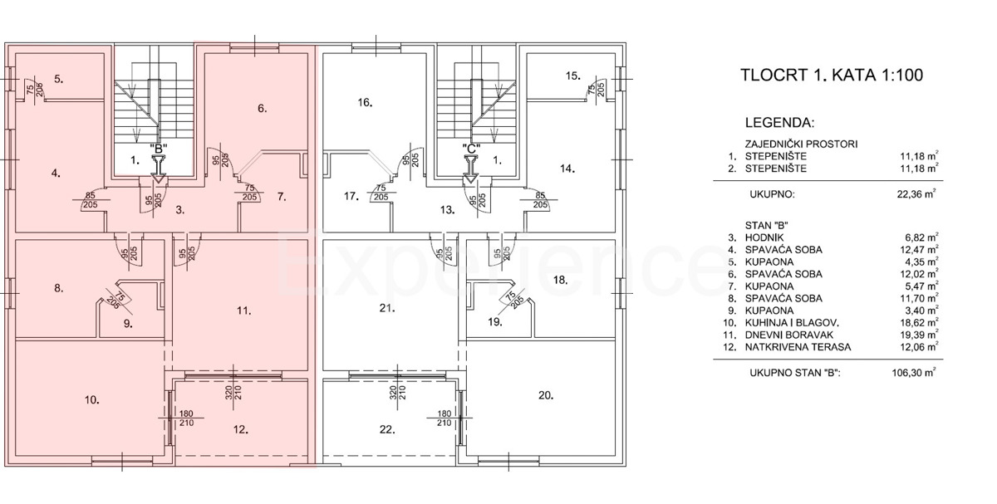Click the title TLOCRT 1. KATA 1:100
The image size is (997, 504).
[832, 75]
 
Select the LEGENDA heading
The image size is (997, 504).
[780, 123]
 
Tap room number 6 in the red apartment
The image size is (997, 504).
[263, 108]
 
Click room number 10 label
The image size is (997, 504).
[92, 400]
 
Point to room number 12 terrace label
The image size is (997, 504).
[241, 429]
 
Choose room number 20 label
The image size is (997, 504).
[546, 395]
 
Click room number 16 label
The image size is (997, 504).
[365, 102]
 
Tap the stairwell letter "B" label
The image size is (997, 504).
[159, 149]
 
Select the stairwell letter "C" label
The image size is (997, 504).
[471, 149]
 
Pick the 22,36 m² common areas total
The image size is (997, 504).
[917, 194]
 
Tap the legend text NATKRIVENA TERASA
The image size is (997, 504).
[798, 347]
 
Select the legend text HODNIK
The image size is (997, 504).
[764, 237]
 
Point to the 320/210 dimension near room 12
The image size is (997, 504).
[233, 392]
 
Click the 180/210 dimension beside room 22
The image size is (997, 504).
[444, 418]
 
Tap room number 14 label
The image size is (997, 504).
[567, 169]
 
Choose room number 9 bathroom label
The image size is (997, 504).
[128, 324]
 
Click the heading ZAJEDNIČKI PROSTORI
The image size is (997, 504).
[802, 144]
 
